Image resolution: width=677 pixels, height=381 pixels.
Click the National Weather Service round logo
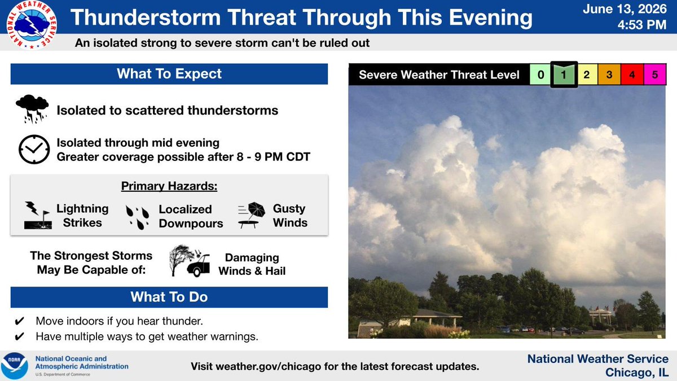pyautogui.click(x=32, y=25)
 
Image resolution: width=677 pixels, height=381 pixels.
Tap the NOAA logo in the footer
pyautogui.click(x=14, y=366)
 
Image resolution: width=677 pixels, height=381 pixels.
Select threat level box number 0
pyautogui.click(x=540, y=75)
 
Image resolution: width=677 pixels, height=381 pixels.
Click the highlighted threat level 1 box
pyautogui.click(x=564, y=75)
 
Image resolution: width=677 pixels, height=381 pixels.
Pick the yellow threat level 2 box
pyautogui.click(x=587, y=75)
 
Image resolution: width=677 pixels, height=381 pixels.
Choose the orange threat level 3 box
pyautogui.click(x=609, y=75)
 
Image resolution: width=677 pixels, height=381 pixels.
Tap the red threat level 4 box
pyautogui.click(x=632, y=75)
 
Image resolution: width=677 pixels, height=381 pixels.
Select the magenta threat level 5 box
pyautogui.click(x=654, y=75)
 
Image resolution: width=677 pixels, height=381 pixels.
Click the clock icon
pyautogui.click(x=34, y=150)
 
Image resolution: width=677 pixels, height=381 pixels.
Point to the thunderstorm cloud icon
pyautogui.click(x=32, y=109)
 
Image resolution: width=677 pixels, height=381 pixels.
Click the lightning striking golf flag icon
pyautogui.click(x=38, y=215)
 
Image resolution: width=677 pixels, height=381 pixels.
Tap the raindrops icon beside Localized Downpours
pyautogui.click(x=138, y=217)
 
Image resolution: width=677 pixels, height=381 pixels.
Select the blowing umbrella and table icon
pyautogui.click(x=252, y=215)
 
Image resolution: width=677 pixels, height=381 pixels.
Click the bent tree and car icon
pyautogui.click(x=190, y=261)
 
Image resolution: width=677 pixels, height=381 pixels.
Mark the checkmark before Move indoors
pyautogui.click(x=19, y=321)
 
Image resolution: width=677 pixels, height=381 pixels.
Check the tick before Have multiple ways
pyautogui.click(x=19, y=336)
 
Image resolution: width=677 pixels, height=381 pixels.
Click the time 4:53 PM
pyautogui.click(x=642, y=24)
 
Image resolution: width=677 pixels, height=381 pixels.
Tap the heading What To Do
pyautogui.click(x=169, y=297)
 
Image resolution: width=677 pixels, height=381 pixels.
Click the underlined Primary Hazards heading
pyautogui.click(x=169, y=186)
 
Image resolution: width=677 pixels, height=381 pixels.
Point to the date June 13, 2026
pyautogui.click(x=625, y=9)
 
